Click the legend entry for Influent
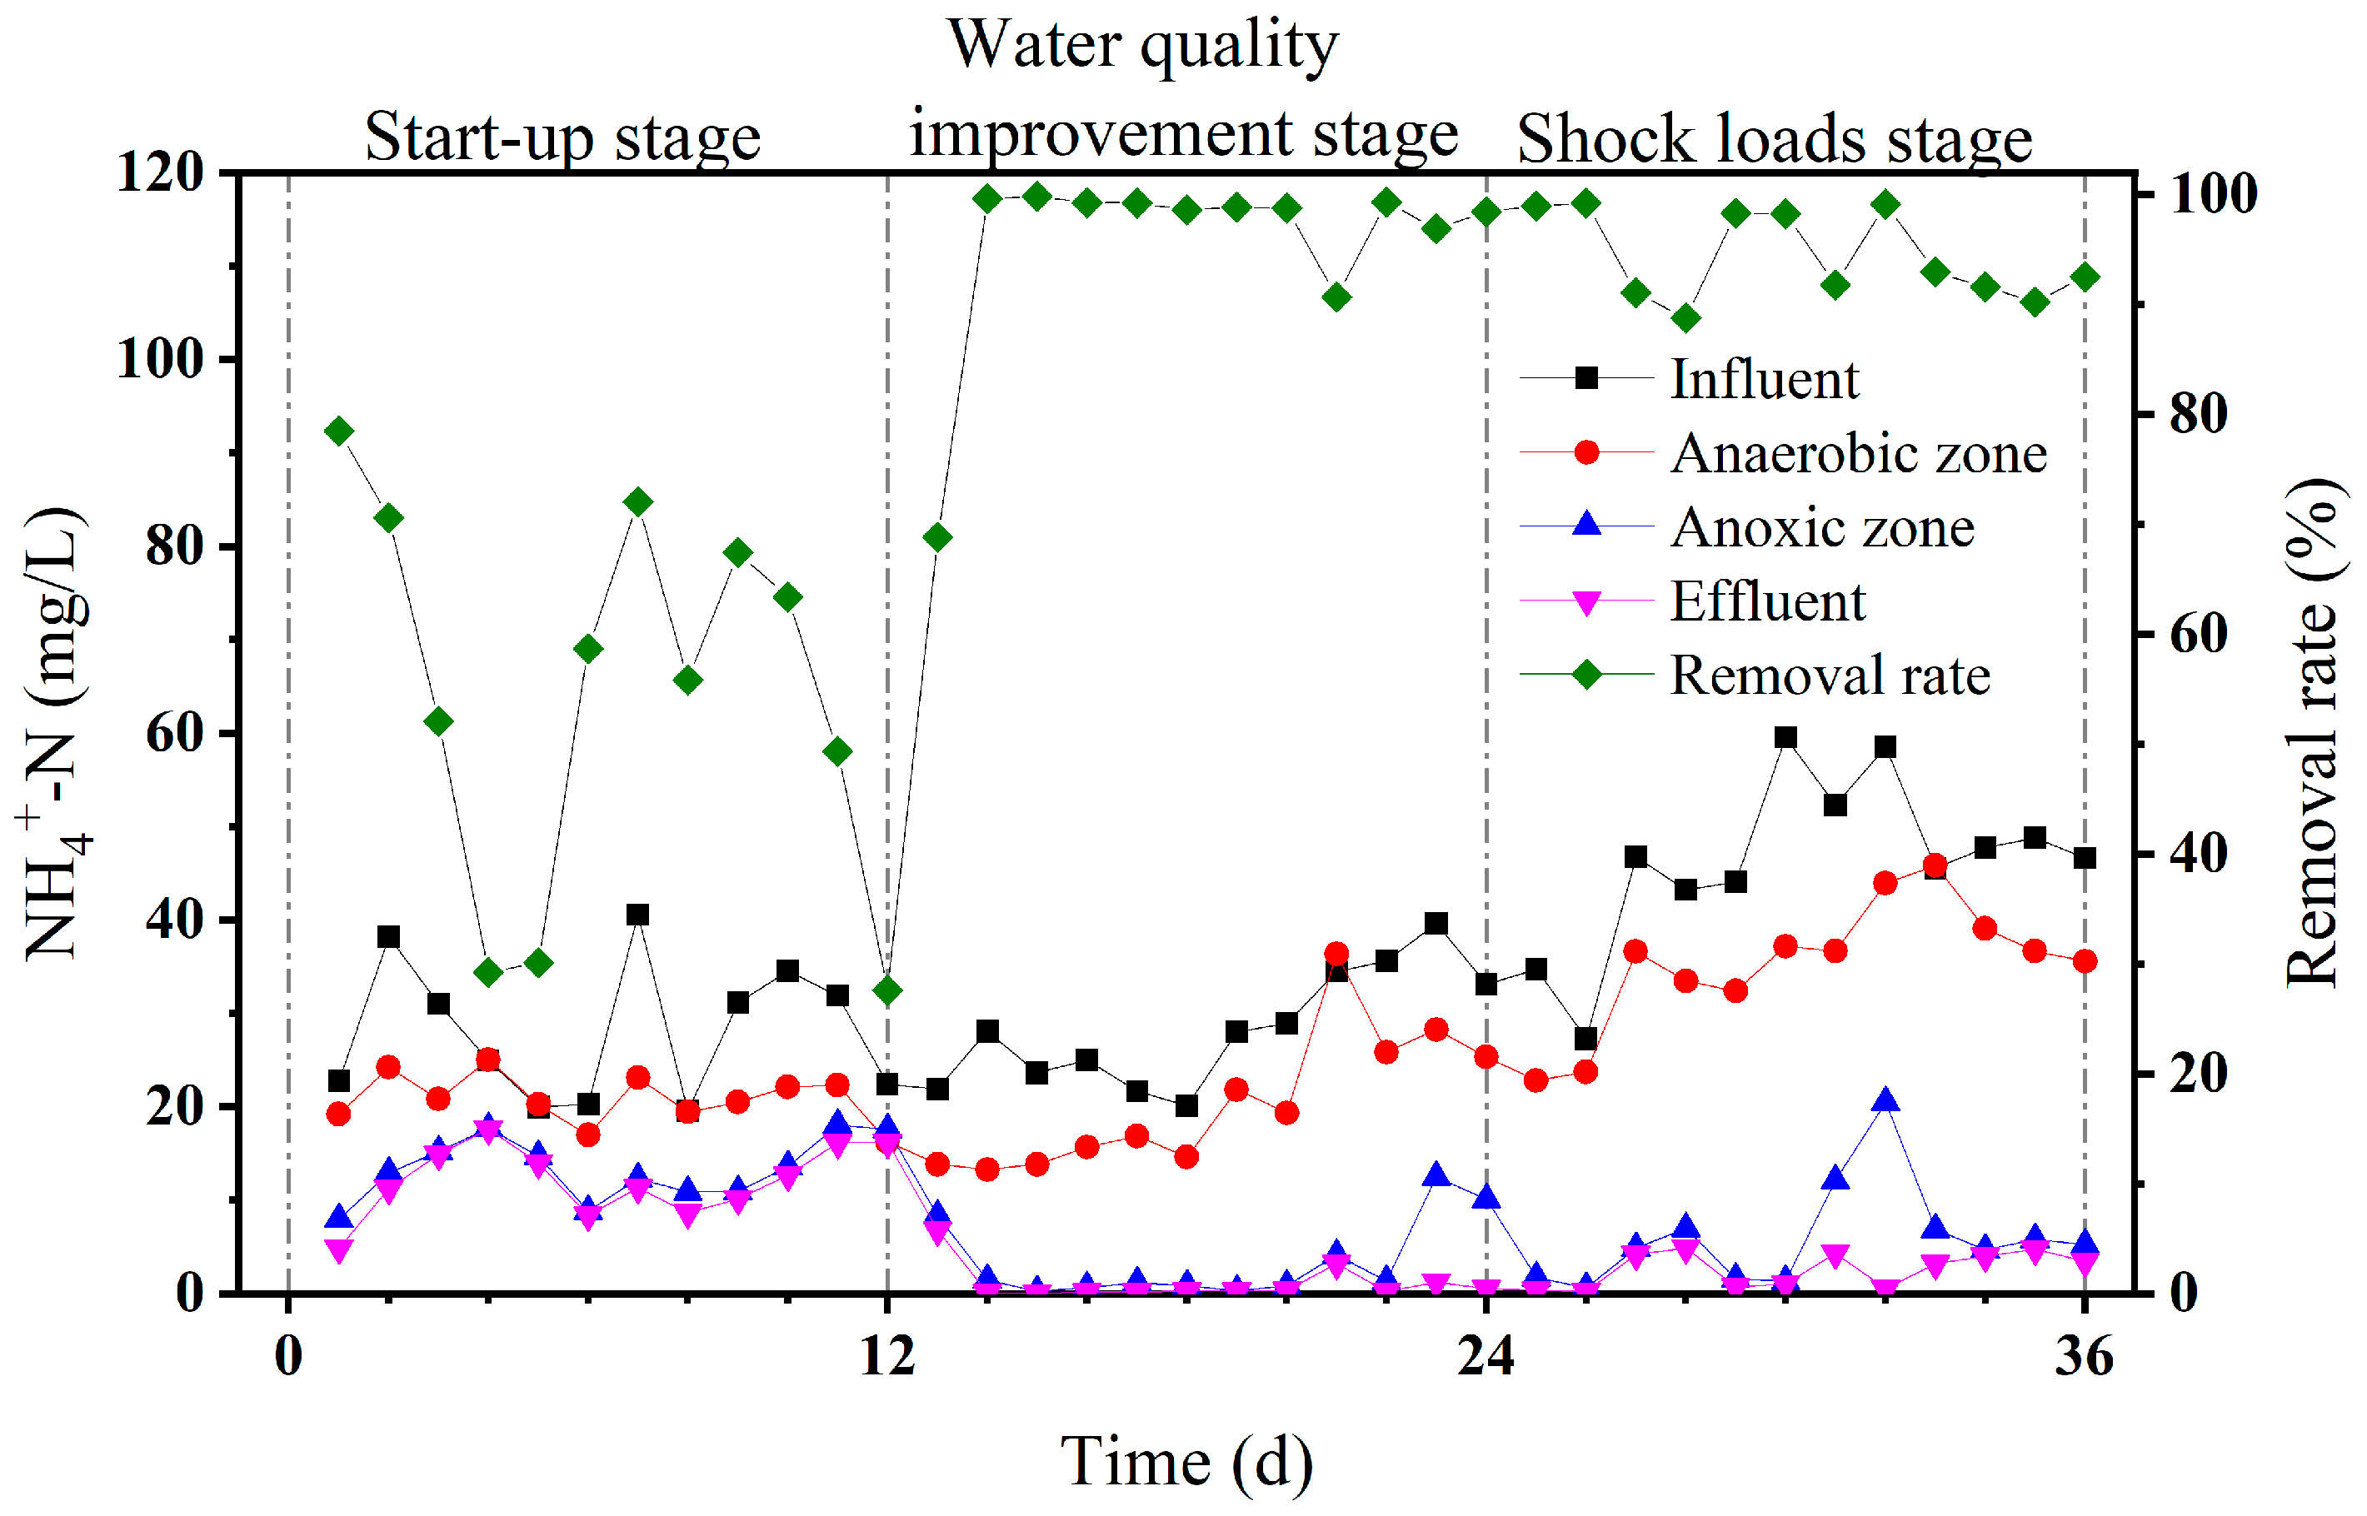pyautogui.click(x=1762, y=379)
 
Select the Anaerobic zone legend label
pyautogui.click(x=1857, y=454)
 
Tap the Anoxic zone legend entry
pyautogui.click(x=1821, y=527)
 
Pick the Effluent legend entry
pyautogui.click(x=1766, y=601)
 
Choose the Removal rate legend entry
pyautogui.click(x=1830, y=676)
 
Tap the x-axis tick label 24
pyautogui.click(x=1486, y=1357)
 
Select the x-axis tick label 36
pyautogui.click(x=2084, y=1357)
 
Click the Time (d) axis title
pyautogui.click(x=1186, y=1461)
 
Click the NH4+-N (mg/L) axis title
pyautogui.click(x=54, y=733)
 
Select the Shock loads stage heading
pyautogui.click(x=1775, y=137)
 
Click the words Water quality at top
pyautogui.click(x=1142, y=44)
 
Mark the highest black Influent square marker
pyautogui.click(x=1785, y=738)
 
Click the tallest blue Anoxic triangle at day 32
pyautogui.click(x=1885, y=1100)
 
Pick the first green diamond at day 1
pyautogui.click(x=339, y=431)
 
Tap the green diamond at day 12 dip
pyautogui.click(x=887, y=990)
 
